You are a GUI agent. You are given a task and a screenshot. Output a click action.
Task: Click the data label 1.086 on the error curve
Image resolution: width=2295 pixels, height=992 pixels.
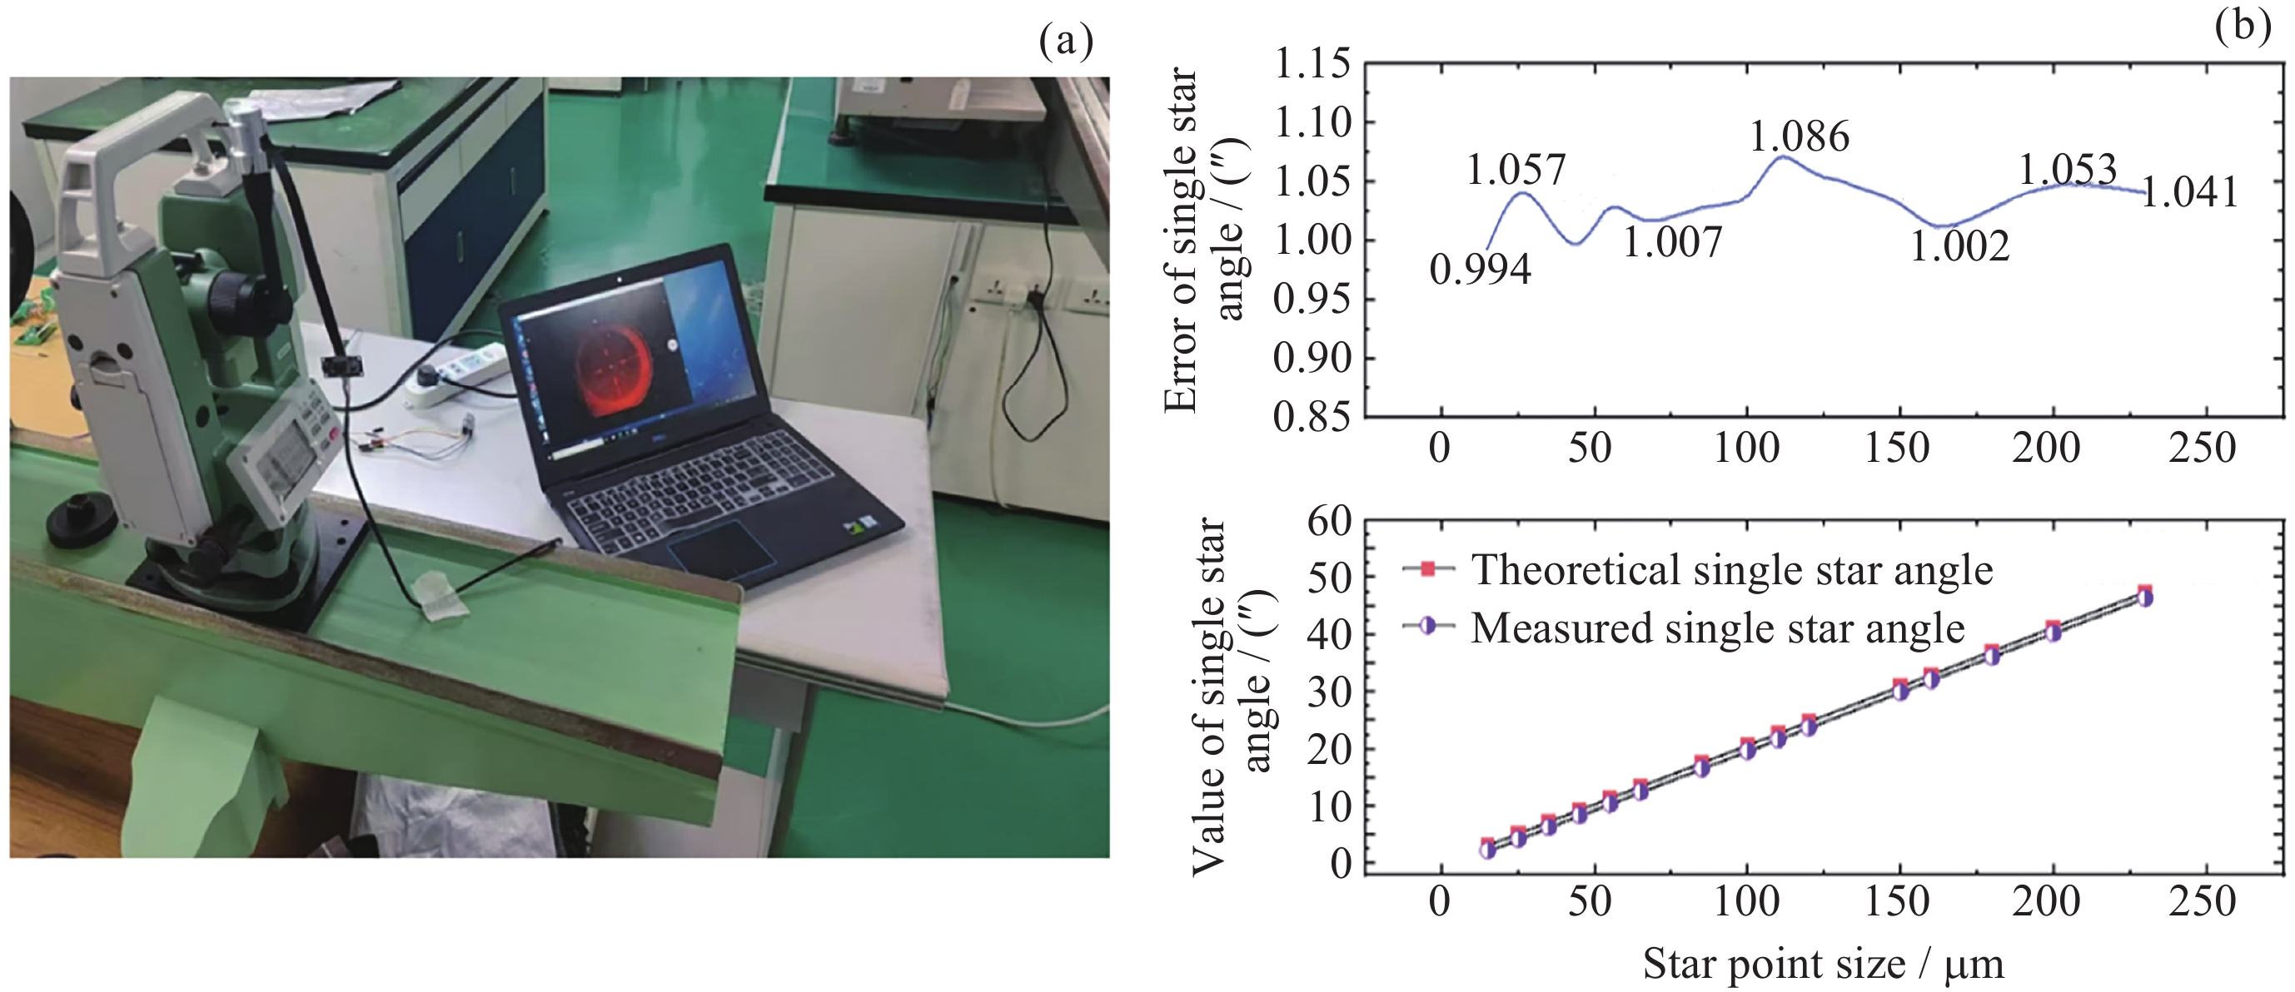[1799, 137]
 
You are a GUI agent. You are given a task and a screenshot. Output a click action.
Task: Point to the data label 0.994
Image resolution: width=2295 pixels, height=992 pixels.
[1480, 270]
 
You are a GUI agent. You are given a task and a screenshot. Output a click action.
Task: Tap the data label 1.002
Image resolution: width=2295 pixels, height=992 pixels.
[1959, 246]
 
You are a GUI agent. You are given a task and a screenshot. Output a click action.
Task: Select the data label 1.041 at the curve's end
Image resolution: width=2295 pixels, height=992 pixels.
[2189, 192]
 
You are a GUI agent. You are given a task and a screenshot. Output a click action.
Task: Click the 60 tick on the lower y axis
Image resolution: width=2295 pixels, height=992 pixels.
[1329, 521]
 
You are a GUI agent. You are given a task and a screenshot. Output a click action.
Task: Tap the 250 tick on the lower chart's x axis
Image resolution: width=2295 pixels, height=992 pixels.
[2202, 902]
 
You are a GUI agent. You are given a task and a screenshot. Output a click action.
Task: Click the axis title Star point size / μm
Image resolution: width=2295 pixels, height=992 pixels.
[1823, 965]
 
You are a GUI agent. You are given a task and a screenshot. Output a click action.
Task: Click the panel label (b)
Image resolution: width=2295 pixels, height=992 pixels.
[2242, 26]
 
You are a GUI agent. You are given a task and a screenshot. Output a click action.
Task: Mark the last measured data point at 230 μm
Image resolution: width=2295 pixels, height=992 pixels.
[2145, 598]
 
